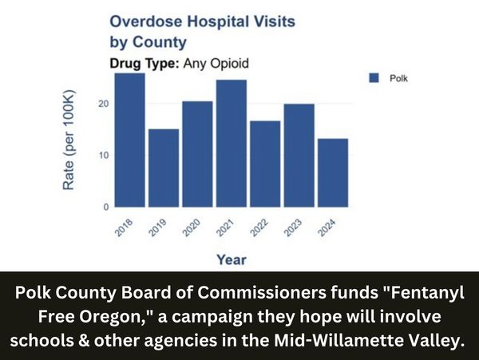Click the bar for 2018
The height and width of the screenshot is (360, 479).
tap(129, 140)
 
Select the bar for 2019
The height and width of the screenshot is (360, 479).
tap(164, 168)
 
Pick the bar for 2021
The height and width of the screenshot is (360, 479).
tap(232, 143)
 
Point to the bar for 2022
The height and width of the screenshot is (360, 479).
tap(265, 164)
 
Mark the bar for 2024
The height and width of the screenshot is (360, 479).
tap(333, 172)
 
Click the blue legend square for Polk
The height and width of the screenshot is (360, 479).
tap(372, 77)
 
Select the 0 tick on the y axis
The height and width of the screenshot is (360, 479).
tap(105, 207)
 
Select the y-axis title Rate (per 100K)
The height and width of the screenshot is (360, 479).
tap(69, 140)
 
